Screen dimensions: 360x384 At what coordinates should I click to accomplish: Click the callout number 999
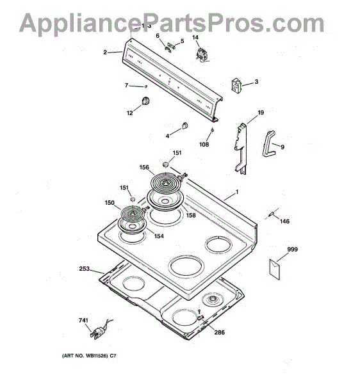click(292, 250)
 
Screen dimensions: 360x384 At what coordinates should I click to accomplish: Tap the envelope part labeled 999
click(275, 269)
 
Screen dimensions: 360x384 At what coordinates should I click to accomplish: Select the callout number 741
click(83, 321)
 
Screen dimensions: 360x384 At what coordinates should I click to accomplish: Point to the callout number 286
click(219, 332)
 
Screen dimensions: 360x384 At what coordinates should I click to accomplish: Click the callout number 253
click(85, 269)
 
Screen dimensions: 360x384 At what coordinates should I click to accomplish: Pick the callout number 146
click(284, 221)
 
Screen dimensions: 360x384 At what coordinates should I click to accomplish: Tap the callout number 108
click(204, 145)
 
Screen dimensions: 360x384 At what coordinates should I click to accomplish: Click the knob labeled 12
click(146, 100)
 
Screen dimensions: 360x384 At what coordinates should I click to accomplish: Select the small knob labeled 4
click(185, 125)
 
